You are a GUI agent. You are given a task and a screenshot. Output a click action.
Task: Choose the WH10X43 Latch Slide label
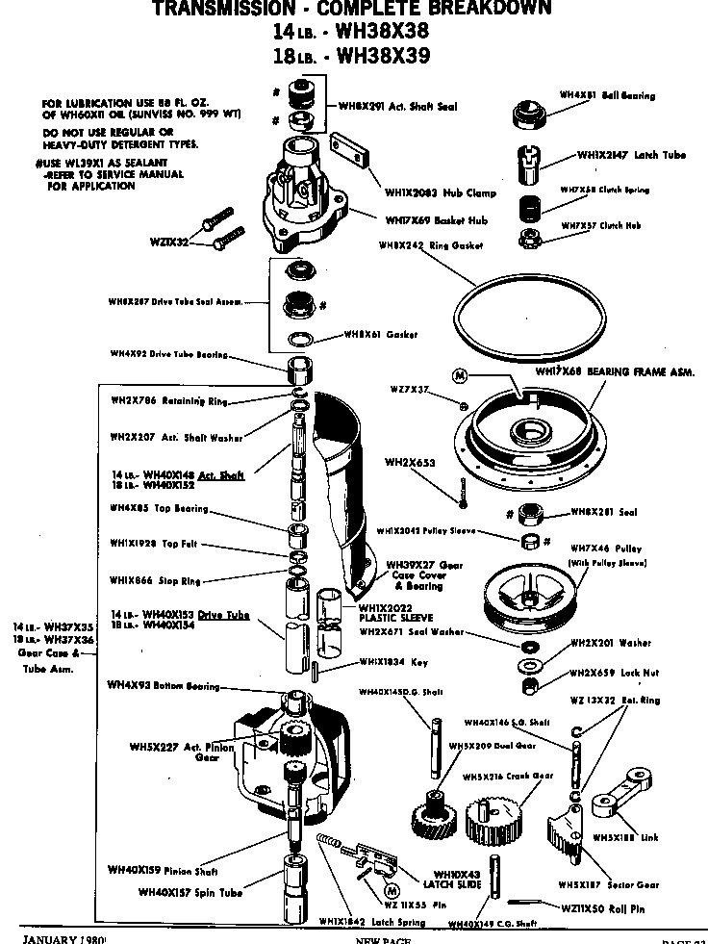tap(439, 879)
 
